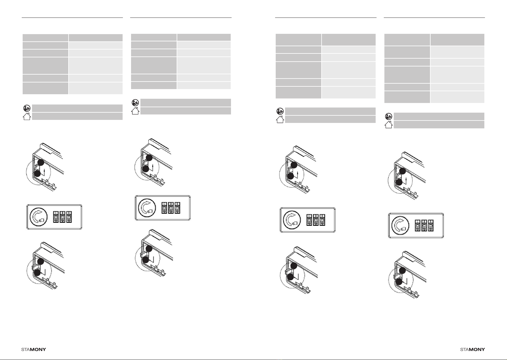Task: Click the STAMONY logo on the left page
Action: coord(34,349)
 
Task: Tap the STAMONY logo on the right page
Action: coord(472,349)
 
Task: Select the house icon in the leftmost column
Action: coord(27,116)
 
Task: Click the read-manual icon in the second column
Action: coord(135,103)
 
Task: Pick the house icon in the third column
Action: coord(280,119)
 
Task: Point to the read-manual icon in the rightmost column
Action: coord(388,116)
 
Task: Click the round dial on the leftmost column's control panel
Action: coord(39,217)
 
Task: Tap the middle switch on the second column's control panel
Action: coord(171,207)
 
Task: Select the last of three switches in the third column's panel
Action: coord(322,220)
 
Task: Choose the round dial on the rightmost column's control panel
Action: coord(400,225)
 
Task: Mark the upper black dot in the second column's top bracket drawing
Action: coord(149,158)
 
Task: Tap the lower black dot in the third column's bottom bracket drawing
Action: coord(290,277)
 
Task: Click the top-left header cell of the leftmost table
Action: coord(45,37)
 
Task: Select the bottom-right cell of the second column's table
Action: coord(204,85)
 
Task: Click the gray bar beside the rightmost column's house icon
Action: coord(439,124)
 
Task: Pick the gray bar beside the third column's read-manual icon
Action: coord(330,111)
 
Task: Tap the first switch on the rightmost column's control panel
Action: coord(418,225)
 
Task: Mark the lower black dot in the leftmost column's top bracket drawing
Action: coord(37,174)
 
